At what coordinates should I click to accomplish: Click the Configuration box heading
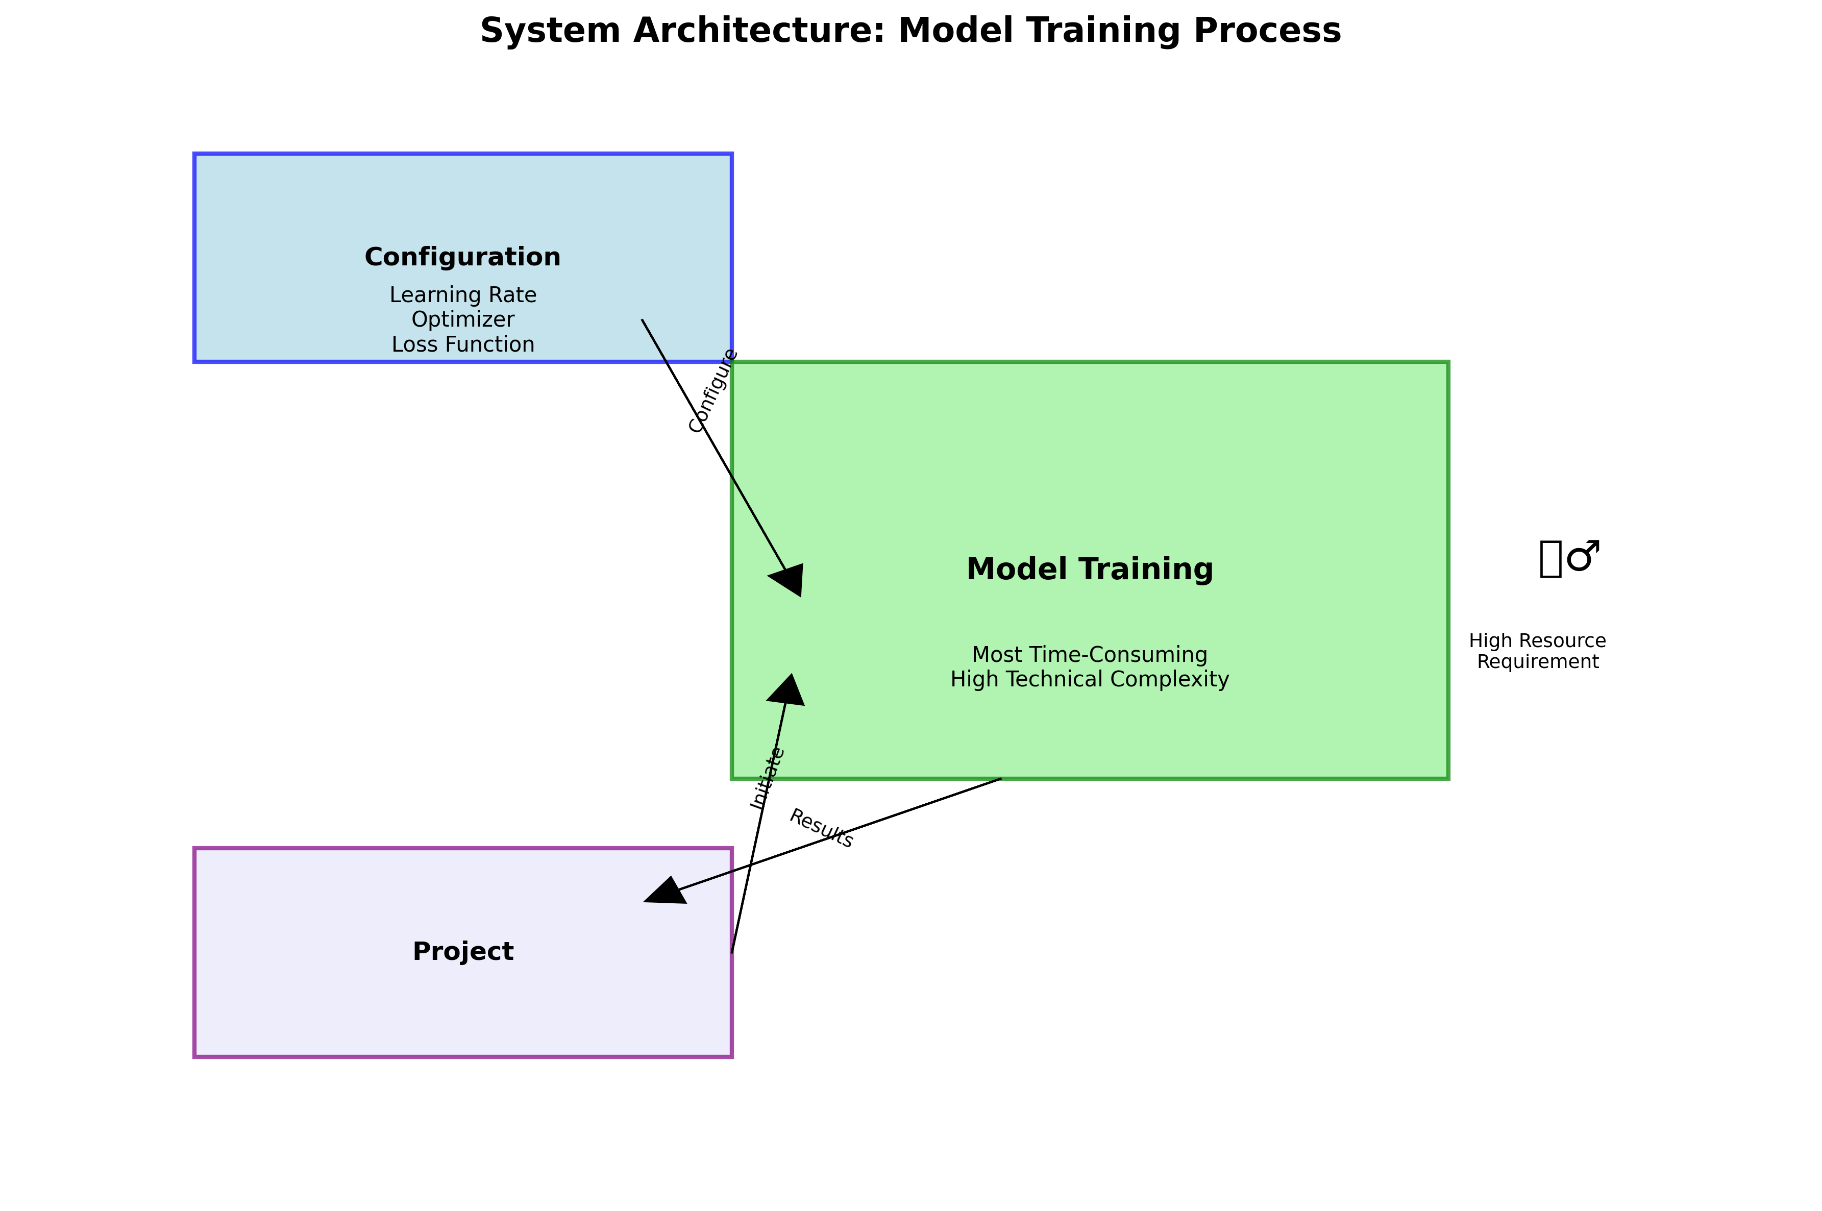pos(462,257)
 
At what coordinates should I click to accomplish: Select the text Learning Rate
pos(462,295)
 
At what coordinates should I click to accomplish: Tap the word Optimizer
pos(462,320)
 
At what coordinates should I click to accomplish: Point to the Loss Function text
pos(462,344)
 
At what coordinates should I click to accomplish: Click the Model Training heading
pos(1089,569)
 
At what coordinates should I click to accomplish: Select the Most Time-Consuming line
pos(1089,655)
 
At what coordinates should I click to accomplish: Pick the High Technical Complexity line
pos(1089,680)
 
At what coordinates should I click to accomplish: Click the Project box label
pos(462,951)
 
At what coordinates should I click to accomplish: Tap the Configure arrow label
pos(713,391)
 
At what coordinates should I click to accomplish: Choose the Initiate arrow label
pos(767,779)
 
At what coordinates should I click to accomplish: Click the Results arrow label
pos(821,829)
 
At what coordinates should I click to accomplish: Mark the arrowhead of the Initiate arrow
pos(787,689)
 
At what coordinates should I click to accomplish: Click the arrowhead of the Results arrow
pos(662,893)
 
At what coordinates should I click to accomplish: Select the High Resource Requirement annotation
pos(1537,651)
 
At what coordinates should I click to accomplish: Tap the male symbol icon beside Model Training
pos(1583,556)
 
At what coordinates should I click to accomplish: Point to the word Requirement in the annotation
pos(1537,662)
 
